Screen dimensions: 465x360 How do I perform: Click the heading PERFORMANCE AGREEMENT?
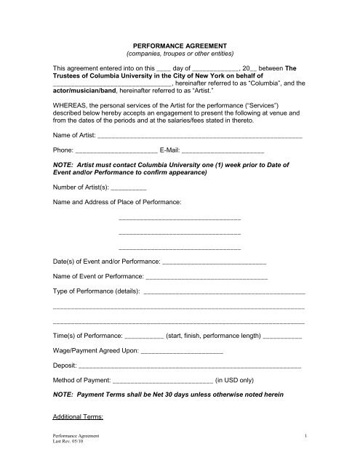tap(180, 44)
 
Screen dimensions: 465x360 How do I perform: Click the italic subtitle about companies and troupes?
tap(180, 54)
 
